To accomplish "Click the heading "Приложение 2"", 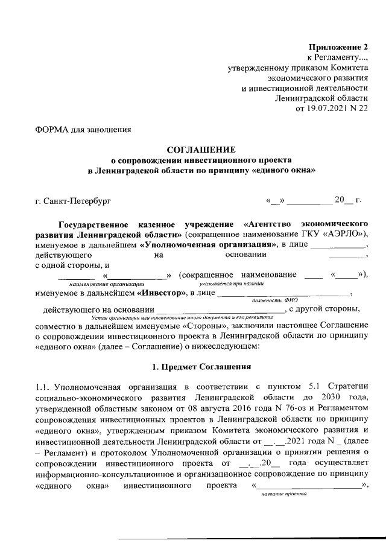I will (x=338, y=47).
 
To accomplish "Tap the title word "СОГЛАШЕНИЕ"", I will (x=201, y=150).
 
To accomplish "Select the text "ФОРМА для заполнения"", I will (x=83, y=129).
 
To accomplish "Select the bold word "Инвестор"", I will (x=162, y=293).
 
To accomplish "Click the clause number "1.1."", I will (x=43, y=387).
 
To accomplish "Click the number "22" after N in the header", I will (x=361, y=109).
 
